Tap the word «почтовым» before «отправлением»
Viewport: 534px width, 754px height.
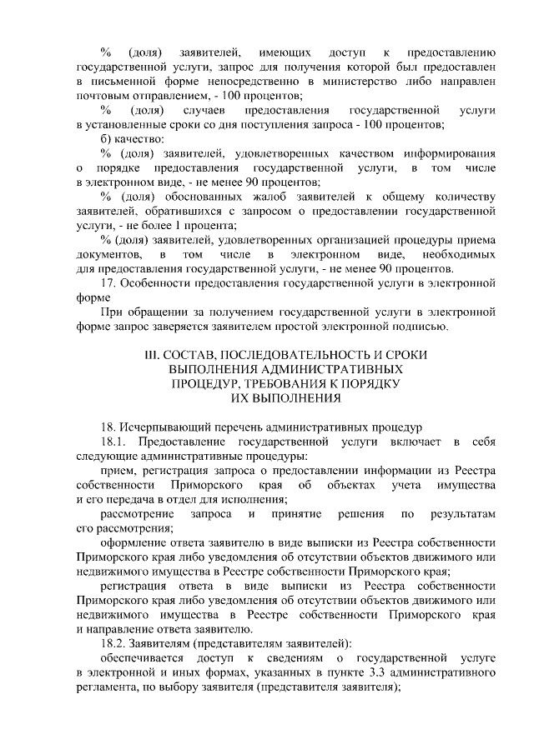[x=102, y=97]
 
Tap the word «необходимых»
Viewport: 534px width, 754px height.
[x=460, y=253]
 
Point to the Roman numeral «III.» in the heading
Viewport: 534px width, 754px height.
[x=154, y=355]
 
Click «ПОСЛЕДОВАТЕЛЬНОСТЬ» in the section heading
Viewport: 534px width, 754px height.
[x=281, y=355]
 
